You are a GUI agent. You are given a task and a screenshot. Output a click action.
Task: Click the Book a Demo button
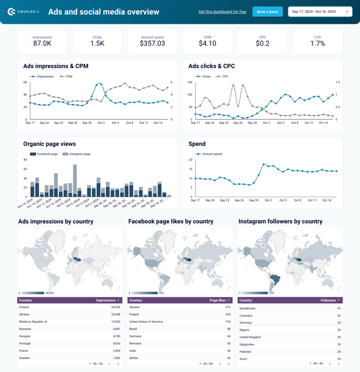point(267,12)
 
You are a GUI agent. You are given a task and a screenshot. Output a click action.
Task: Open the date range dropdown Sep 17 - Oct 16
point(320,12)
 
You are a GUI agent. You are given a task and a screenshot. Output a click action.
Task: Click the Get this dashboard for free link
point(222,12)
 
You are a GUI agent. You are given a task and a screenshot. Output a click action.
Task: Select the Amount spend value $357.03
point(152,44)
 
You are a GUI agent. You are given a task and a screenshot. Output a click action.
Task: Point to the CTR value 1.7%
point(317,44)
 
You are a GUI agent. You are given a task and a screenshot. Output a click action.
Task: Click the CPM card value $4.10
point(207,44)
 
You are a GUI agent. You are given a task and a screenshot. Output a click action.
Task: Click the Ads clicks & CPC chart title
point(211,66)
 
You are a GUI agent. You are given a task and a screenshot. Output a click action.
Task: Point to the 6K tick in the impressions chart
point(25,82)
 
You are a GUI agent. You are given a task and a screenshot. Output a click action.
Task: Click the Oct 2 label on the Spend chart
point(268,200)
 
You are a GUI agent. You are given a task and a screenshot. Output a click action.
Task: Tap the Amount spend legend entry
point(212,154)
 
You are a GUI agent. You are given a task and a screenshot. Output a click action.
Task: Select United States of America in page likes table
point(146,322)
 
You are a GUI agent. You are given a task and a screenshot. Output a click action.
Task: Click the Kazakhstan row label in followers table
point(247,308)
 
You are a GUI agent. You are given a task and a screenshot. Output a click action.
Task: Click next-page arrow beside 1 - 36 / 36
point(118,364)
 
